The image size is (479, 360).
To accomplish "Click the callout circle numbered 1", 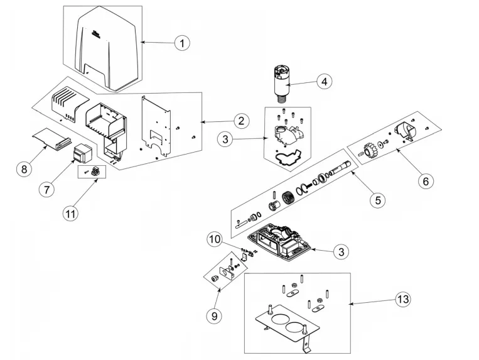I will [181, 43].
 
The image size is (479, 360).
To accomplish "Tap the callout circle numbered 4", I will [324, 82].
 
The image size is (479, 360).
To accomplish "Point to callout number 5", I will [377, 200].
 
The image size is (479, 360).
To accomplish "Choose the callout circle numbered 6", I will [426, 181].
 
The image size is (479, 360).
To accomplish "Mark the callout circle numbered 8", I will [23, 169].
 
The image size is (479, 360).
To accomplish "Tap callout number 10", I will [215, 239].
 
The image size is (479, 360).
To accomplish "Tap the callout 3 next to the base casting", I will [340, 252].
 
